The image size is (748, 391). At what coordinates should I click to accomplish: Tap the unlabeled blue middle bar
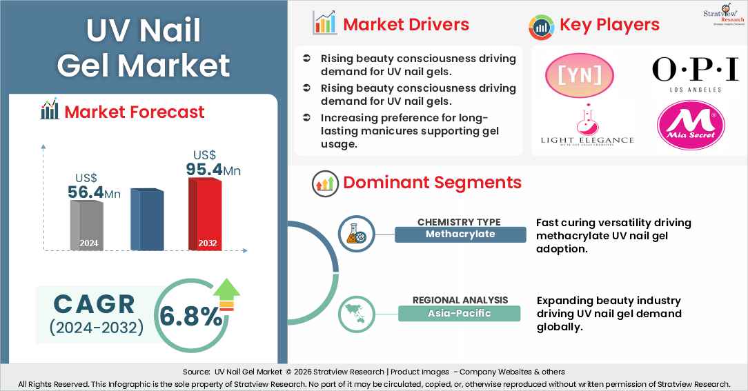(x=147, y=219)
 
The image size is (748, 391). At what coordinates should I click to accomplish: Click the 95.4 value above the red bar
(x=208, y=170)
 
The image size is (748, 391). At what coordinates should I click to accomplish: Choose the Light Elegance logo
(x=587, y=126)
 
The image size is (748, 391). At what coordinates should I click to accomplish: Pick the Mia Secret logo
(x=691, y=126)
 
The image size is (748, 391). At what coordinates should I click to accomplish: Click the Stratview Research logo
(x=718, y=15)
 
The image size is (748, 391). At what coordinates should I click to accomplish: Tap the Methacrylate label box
(x=460, y=234)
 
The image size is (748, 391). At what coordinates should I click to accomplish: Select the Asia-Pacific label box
(x=459, y=313)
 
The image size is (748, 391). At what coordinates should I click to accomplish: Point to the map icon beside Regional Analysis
(x=356, y=313)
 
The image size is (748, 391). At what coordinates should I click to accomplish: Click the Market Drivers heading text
(x=406, y=25)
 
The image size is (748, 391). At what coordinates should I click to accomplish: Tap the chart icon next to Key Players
(x=542, y=26)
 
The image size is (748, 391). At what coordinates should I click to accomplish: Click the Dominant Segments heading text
(x=432, y=183)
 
